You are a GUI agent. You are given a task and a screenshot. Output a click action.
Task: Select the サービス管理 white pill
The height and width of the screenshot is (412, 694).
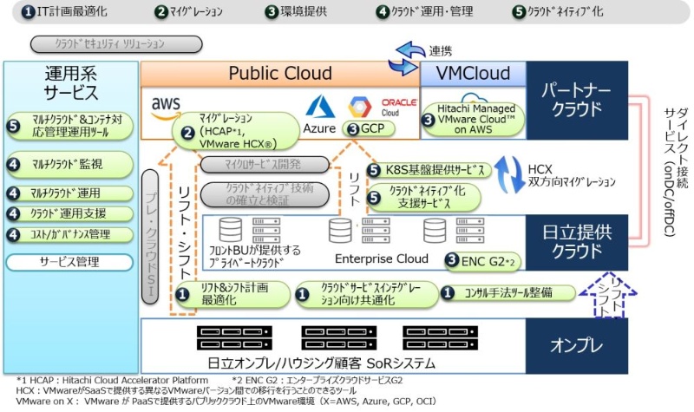[69, 260]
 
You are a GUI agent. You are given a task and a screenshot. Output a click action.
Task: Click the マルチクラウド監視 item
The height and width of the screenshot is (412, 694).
[70, 165]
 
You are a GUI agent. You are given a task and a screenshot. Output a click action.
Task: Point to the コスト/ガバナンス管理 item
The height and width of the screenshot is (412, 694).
[70, 234]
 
